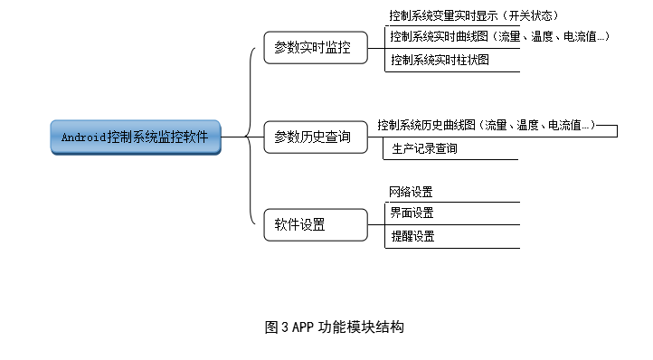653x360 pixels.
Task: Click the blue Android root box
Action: (135, 137)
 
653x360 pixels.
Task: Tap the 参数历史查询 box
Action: (316, 137)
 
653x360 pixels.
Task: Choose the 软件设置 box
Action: (316, 225)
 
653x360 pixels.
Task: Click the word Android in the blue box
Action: (83, 137)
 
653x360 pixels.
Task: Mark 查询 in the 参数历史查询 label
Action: (338, 137)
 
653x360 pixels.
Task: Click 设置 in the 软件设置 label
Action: (312, 225)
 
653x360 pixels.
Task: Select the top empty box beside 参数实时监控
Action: (492, 15)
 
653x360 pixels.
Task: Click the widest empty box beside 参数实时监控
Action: (512, 37)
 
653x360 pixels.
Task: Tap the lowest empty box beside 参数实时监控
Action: (493, 61)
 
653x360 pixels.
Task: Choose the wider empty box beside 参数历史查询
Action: (486, 126)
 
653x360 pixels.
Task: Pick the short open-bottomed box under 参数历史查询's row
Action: (455, 149)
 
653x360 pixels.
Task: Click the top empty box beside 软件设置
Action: (492, 192)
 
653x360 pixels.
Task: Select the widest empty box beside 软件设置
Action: (512, 213)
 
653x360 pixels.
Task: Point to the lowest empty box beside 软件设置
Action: (493, 237)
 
